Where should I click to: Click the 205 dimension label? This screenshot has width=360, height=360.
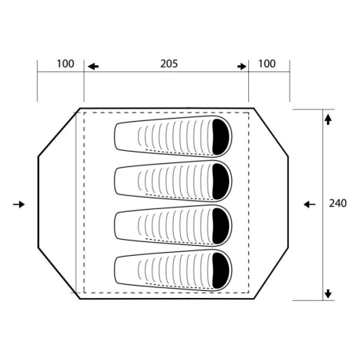pyautogui.click(x=169, y=64)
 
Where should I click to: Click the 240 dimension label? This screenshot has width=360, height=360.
pyautogui.click(x=338, y=204)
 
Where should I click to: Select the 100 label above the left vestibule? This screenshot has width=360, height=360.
pyautogui.click(x=65, y=64)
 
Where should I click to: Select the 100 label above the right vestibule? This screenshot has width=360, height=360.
pyautogui.click(x=267, y=64)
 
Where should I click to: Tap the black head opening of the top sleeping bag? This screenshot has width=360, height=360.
pyautogui.click(x=221, y=136)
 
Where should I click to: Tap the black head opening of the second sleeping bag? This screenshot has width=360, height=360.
pyautogui.click(x=221, y=182)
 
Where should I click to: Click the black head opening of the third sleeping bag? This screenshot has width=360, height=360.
pyautogui.click(x=221, y=226)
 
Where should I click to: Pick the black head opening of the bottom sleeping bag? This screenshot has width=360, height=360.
pyautogui.click(x=221, y=270)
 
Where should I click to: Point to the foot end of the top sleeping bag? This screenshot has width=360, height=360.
pyautogui.click(x=116, y=136)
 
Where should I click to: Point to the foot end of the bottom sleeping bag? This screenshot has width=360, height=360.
pyautogui.click(x=116, y=270)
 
